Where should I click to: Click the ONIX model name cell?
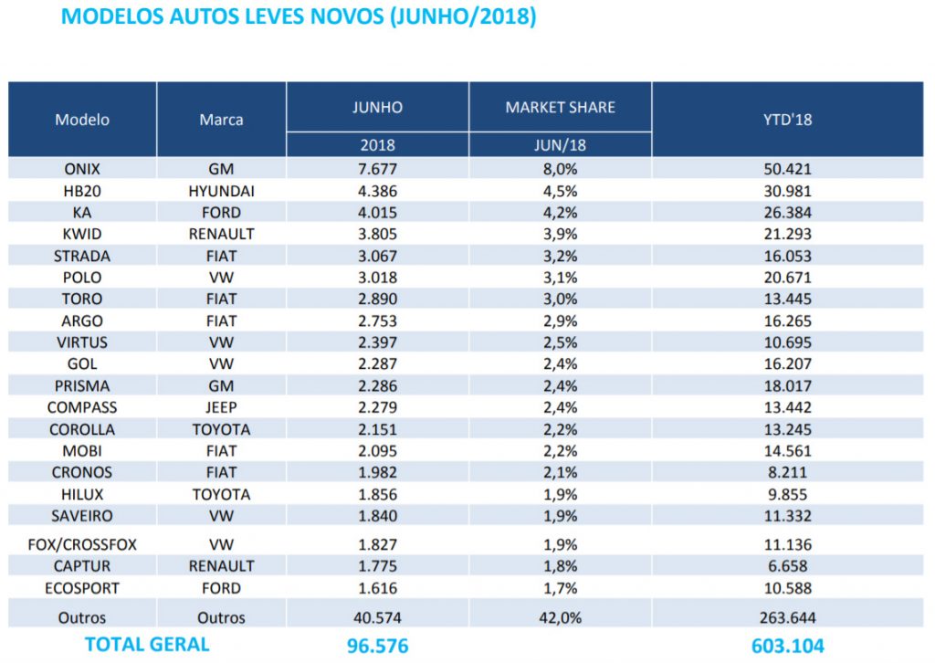click(x=82, y=169)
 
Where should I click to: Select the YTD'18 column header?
click(x=787, y=120)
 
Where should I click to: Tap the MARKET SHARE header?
click(x=560, y=108)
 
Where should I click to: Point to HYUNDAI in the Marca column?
click(x=221, y=191)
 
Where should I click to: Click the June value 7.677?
click(x=377, y=169)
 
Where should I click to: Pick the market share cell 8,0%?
click(x=560, y=169)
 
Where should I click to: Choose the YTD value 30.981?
click(x=787, y=191)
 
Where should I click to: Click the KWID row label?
click(x=82, y=234)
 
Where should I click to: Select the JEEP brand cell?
click(x=221, y=407)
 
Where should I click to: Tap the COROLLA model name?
click(x=82, y=429)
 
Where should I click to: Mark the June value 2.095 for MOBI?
click(x=377, y=451)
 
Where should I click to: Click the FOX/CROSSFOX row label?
click(x=82, y=544)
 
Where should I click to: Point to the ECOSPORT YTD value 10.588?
click(x=787, y=588)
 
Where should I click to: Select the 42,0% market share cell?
click(x=560, y=617)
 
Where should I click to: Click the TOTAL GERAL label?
click(x=147, y=645)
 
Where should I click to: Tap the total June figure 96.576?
click(x=377, y=646)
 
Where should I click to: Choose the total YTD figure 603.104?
click(x=787, y=646)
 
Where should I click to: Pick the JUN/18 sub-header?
click(x=560, y=145)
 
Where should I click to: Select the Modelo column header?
click(x=82, y=120)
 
